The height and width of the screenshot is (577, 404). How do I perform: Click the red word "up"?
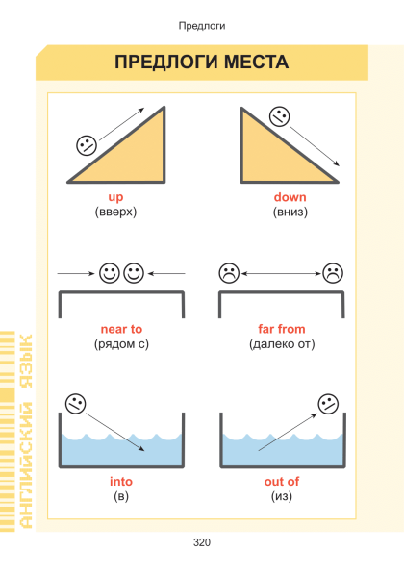115,197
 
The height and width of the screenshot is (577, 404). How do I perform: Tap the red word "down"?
290,197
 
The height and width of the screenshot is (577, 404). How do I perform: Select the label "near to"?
121,329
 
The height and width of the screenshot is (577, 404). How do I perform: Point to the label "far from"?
282,329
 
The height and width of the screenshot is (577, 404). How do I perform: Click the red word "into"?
121,482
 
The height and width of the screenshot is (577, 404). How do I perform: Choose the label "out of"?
282,482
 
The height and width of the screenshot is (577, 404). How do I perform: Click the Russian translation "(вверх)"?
115,212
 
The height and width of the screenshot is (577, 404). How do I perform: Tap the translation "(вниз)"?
290,212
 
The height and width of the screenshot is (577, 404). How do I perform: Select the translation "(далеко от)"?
282,344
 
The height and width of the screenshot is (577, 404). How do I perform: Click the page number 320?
202,542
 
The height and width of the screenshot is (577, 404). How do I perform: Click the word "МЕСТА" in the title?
257,62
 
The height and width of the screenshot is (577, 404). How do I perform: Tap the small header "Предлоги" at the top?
202,26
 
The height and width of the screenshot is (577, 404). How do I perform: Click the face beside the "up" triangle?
87,145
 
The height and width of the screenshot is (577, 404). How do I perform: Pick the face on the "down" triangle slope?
280,116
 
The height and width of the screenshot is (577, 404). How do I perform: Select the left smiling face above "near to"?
110,273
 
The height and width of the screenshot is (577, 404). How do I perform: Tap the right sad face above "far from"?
333,273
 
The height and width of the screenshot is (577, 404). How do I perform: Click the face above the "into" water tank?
76,404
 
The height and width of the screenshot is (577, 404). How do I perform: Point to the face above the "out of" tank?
328,404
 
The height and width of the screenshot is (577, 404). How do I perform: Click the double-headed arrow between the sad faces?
281,273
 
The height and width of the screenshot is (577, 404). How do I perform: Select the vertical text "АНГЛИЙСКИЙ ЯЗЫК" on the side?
26,431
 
